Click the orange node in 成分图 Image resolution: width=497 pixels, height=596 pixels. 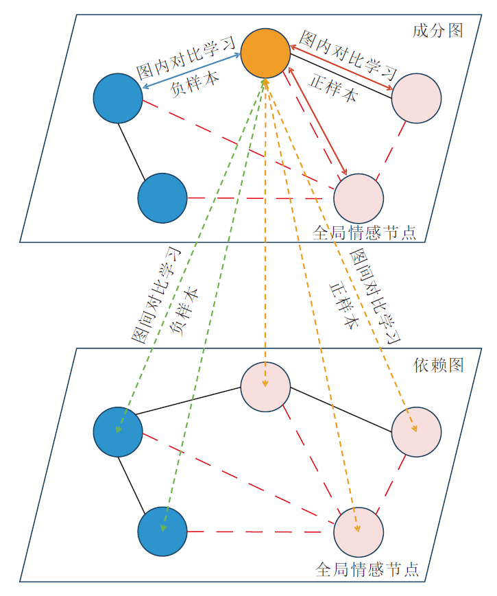[x=265, y=52]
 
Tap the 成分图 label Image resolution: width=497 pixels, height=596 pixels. [x=438, y=31]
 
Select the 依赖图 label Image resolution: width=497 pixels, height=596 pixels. [x=439, y=365]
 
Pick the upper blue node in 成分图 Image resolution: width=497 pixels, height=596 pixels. [x=118, y=98]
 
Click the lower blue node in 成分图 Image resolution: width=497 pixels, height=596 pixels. [x=162, y=198]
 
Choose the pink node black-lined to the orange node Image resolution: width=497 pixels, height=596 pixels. [x=416, y=98]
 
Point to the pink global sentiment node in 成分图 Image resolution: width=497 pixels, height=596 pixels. [x=359, y=198]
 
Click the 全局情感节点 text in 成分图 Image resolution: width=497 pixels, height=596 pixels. [x=364, y=233]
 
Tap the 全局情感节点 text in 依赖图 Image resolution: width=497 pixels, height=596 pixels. [x=367, y=569]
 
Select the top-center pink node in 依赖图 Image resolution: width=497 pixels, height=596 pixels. [x=265, y=387]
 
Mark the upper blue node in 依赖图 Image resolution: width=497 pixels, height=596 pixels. [x=118, y=432]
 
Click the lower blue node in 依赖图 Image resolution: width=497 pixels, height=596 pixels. [x=162, y=532]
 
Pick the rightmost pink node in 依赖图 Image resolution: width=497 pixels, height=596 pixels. [x=416, y=432]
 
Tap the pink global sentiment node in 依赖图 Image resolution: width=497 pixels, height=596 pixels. [x=359, y=532]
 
